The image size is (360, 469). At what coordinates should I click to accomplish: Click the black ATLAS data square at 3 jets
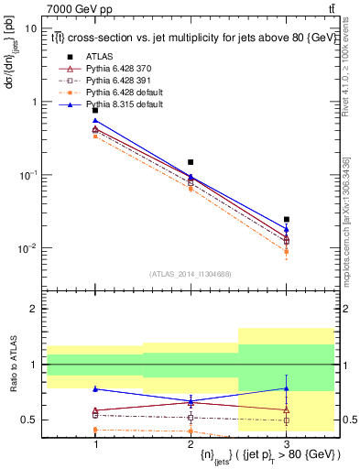pyautogui.click(x=287, y=220)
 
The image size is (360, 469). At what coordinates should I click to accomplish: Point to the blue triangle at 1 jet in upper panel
pyautogui.click(x=95, y=120)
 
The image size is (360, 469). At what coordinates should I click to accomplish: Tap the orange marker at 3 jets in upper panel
pyautogui.click(x=287, y=251)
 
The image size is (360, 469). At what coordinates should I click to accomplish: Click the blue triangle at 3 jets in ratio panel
pyautogui.click(x=287, y=388)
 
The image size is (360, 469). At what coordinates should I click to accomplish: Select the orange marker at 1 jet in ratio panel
pyautogui.click(x=95, y=429)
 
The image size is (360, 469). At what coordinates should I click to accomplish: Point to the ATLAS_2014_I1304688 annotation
pyautogui.click(x=191, y=273)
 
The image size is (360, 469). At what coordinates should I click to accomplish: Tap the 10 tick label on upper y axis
pyautogui.click(x=31, y=28)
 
